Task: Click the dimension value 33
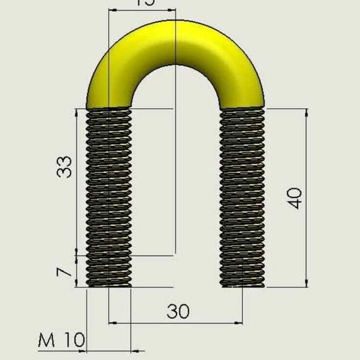(65, 167)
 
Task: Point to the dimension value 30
(178, 311)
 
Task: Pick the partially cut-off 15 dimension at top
(144, 3)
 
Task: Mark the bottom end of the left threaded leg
(108, 284)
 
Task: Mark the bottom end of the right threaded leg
(242, 284)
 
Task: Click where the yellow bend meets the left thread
(108, 107)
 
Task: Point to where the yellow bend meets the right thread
(242, 107)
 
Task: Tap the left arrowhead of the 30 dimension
(114, 322)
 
